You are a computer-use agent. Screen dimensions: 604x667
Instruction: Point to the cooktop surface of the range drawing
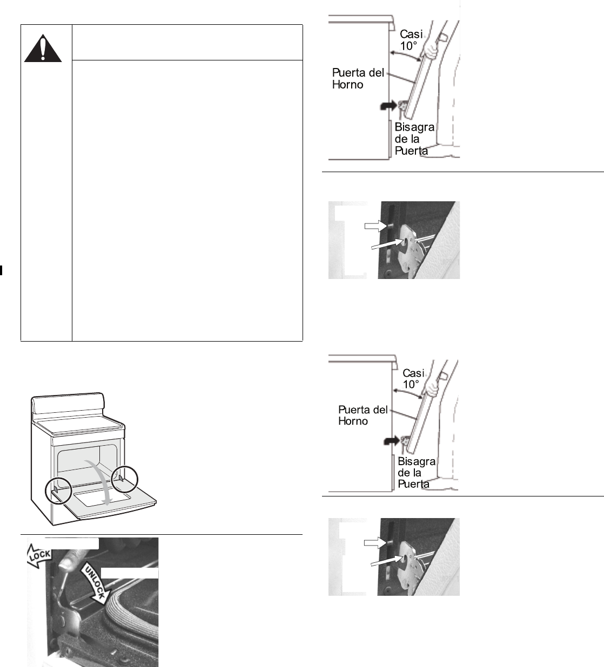point(81,426)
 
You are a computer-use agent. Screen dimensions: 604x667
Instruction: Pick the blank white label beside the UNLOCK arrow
point(130,573)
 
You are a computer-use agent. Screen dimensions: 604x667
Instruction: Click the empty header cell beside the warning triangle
point(187,42)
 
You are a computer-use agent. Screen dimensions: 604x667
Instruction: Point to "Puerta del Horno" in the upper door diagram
point(357,78)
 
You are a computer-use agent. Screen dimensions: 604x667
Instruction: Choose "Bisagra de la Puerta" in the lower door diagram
point(415,473)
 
